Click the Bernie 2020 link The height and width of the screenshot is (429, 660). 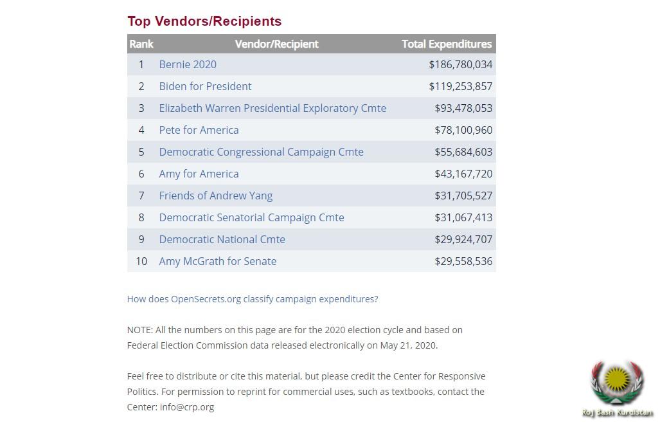click(x=188, y=64)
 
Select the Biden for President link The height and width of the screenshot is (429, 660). click(x=205, y=86)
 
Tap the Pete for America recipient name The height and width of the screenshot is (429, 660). click(x=199, y=130)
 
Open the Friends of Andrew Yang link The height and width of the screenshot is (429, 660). click(x=215, y=196)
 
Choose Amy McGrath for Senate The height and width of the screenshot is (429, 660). click(x=217, y=261)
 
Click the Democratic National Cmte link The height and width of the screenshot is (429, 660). click(x=222, y=239)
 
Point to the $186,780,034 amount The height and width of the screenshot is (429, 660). click(x=460, y=64)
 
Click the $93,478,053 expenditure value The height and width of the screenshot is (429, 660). click(x=463, y=108)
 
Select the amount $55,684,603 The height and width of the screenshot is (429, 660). click(x=463, y=152)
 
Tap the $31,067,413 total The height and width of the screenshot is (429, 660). click(x=463, y=217)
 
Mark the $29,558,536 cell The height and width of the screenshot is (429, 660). click(x=463, y=261)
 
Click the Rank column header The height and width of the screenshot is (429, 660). click(x=141, y=44)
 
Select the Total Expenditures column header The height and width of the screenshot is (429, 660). click(x=447, y=44)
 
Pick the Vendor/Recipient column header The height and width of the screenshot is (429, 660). click(x=276, y=44)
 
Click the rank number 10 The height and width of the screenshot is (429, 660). click(x=141, y=261)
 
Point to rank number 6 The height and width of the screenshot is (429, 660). click(x=141, y=174)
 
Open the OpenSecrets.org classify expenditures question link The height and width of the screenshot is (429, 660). click(x=253, y=299)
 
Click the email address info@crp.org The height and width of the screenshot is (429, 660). click(x=187, y=406)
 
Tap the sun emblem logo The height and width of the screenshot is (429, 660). click(x=617, y=382)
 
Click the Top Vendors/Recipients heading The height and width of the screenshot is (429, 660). click(x=204, y=21)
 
